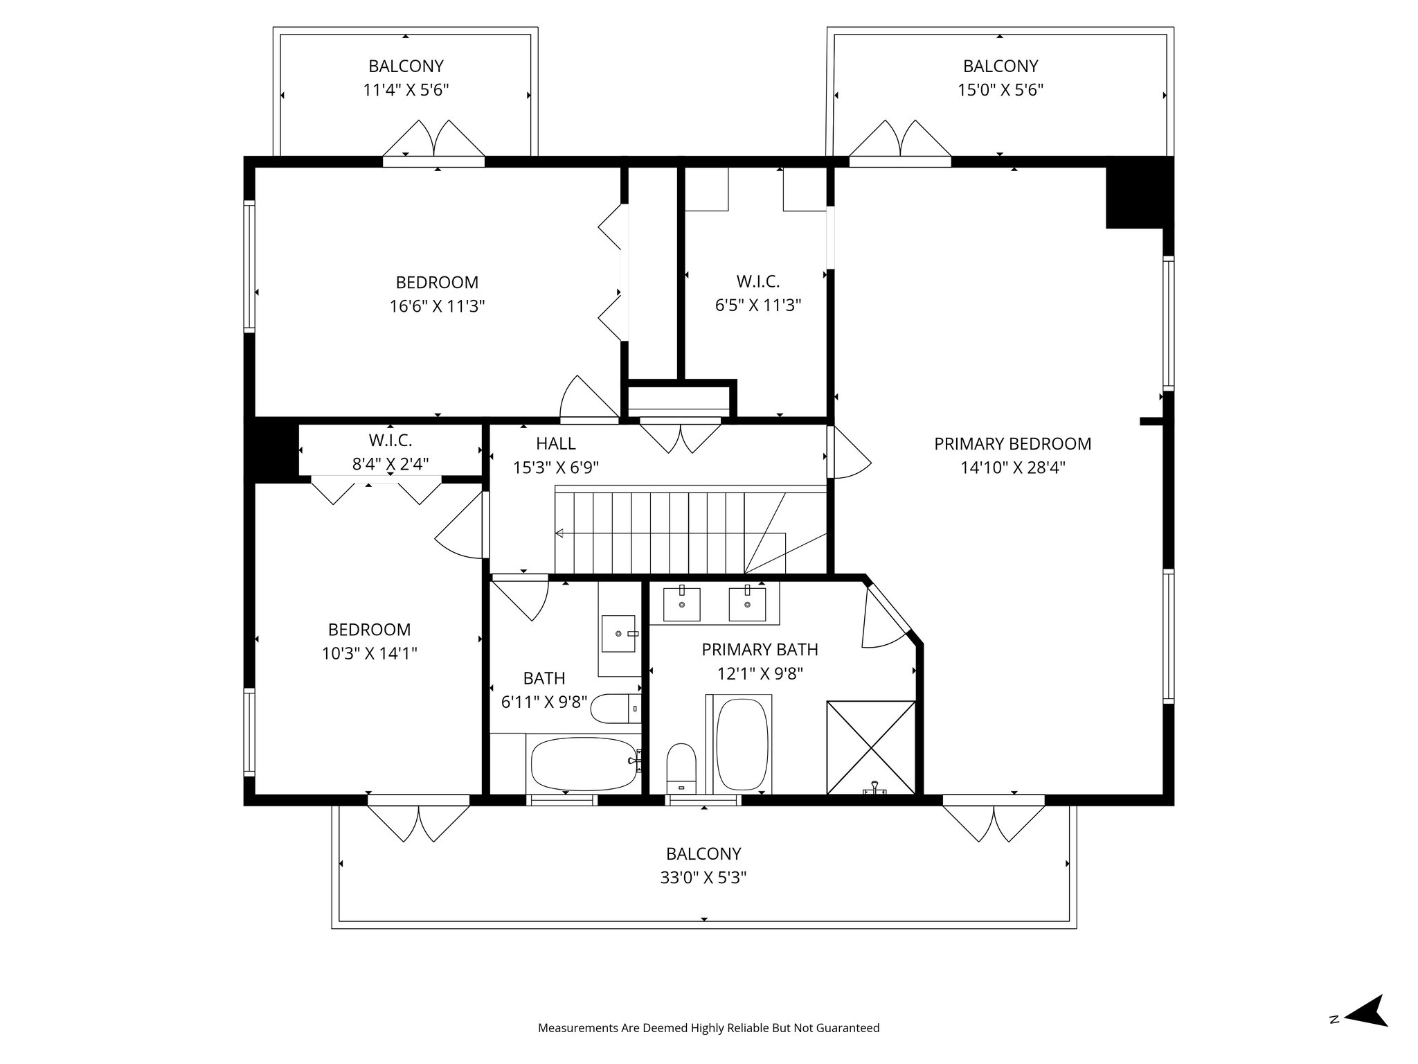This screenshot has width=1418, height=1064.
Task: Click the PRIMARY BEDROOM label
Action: (x=1012, y=444)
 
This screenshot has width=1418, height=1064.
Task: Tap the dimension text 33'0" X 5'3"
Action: (x=703, y=878)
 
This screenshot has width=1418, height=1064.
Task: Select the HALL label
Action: (x=556, y=443)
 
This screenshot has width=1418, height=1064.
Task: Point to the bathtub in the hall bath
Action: (x=584, y=764)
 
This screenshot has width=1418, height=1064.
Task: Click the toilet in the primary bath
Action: (x=681, y=769)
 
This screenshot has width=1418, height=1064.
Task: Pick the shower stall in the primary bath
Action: (x=871, y=747)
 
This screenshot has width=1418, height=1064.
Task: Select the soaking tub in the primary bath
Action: (x=742, y=744)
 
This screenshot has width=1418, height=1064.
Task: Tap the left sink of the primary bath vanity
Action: (x=682, y=604)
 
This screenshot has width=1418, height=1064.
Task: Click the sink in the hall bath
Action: (x=618, y=633)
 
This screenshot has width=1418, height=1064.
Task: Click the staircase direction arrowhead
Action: (x=559, y=533)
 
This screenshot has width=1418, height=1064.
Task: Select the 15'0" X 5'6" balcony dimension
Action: (x=1000, y=90)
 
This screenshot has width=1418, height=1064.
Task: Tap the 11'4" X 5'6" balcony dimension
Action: (x=406, y=90)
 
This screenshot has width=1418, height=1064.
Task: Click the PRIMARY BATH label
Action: (x=760, y=650)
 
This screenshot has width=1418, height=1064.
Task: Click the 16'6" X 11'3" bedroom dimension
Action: (x=437, y=306)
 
